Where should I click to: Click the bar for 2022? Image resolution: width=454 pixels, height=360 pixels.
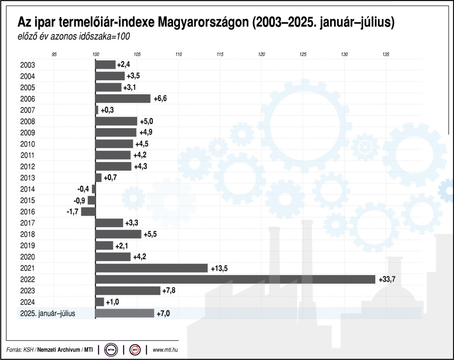[235, 279]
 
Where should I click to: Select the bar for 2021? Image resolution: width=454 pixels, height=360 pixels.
[151, 268]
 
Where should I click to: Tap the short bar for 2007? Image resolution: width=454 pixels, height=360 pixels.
[97, 110]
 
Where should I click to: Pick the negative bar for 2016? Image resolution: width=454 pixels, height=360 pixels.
[88, 212]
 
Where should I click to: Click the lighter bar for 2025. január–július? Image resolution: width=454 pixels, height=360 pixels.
[124, 313]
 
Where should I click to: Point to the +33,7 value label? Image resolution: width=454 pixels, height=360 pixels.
[387, 279]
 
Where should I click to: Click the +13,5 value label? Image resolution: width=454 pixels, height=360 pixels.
[219, 268]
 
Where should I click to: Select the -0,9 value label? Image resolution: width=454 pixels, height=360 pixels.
[79, 200]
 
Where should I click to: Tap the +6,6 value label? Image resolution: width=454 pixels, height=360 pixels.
[160, 98]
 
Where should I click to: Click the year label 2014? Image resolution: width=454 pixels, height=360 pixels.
[28, 189]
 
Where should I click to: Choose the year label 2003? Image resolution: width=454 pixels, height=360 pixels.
[28, 65]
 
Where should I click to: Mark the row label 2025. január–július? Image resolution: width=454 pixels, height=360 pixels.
[47, 313]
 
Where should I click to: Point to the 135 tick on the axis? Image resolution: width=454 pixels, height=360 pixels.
[386, 54]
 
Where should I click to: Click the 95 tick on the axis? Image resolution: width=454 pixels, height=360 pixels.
[54, 54]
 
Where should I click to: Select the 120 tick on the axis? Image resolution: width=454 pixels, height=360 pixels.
[261, 54]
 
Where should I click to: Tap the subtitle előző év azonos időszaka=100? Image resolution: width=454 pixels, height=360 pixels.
[74, 36]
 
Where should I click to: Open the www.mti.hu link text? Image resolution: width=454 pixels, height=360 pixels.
[165, 350]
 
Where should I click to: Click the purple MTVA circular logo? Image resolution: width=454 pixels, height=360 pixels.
[111, 350]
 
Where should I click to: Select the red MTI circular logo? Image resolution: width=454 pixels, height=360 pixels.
[135, 350]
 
